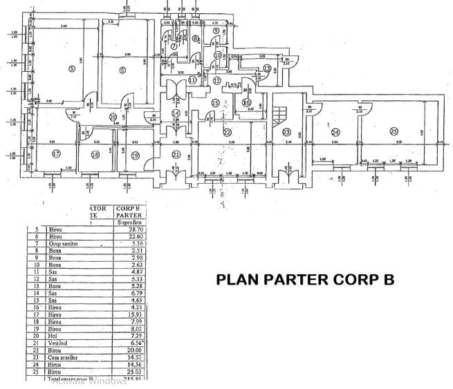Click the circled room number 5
tap(71, 68)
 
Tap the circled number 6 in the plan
tap(122, 69)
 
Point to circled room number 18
tap(95, 155)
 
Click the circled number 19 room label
tap(135, 155)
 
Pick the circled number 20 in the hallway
tap(113, 117)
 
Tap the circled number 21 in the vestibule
tap(176, 154)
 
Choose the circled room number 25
tap(394, 132)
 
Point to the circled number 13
tap(268, 68)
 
